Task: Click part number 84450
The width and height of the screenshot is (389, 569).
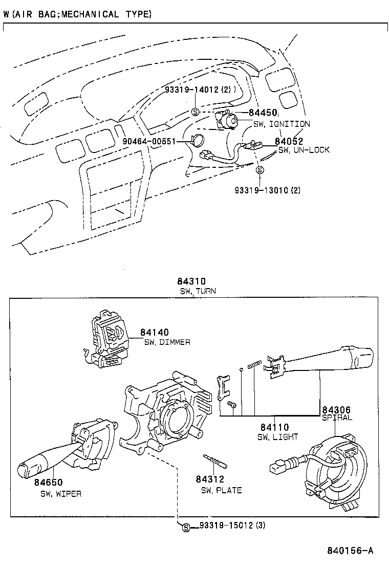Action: pyautogui.click(x=263, y=113)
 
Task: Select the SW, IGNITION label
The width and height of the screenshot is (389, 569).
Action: pyautogui.click(x=281, y=124)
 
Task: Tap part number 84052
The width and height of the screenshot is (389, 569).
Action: pyautogui.click(x=289, y=141)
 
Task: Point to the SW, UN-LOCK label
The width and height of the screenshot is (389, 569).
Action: pyautogui.click(x=304, y=150)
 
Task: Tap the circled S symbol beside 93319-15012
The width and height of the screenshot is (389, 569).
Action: pyautogui.click(x=186, y=527)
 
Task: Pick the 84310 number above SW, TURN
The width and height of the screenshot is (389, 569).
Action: pyautogui.click(x=191, y=281)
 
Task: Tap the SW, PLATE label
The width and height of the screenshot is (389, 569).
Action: pyautogui.click(x=221, y=490)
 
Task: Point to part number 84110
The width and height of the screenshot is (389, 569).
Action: pyautogui.click(x=275, y=427)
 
